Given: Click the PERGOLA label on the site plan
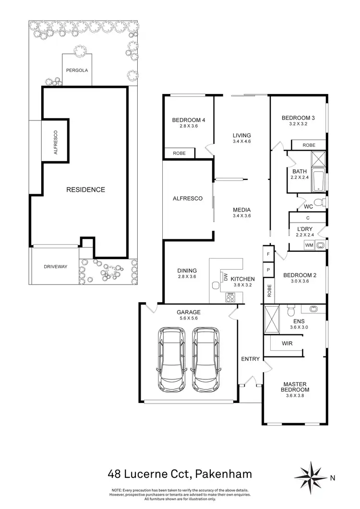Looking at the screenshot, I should point(77,70).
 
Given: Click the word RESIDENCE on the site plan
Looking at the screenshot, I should point(85,189).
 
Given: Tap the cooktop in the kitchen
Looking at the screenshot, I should point(230,297).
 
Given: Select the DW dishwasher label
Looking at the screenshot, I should point(225,277).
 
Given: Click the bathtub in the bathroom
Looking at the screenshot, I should point(318,180).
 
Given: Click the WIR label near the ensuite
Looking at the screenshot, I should point(287,343).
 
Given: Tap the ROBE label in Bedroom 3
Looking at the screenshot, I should point(309,145).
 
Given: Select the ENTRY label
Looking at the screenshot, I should point(250,359).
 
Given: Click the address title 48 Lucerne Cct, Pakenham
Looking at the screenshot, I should point(180,475).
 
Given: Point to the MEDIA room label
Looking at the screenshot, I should point(241,210).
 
